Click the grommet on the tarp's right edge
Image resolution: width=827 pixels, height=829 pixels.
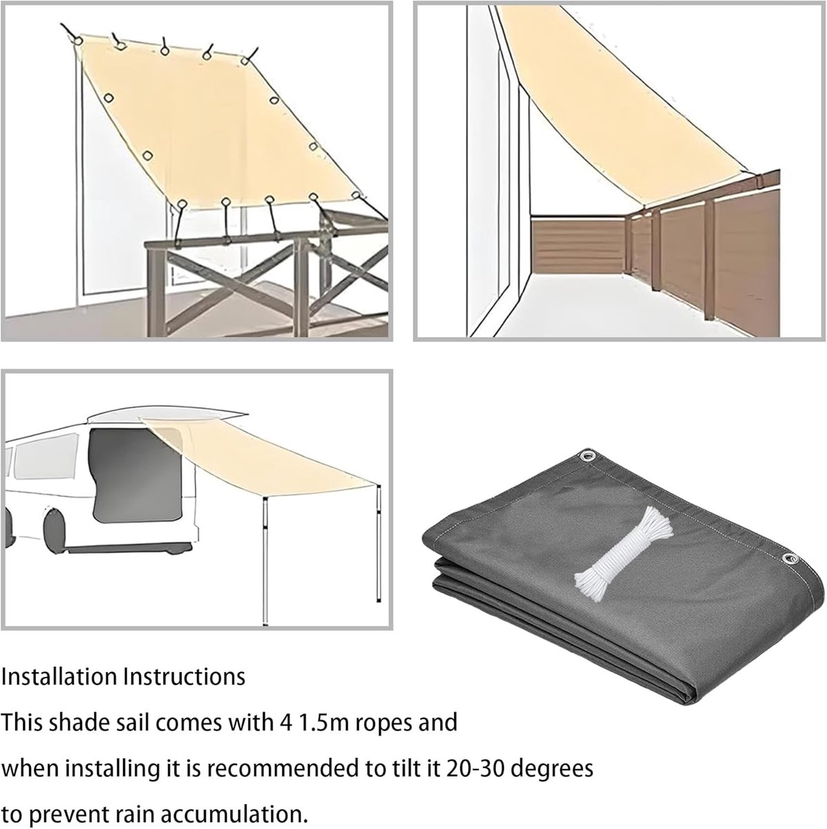(790, 571)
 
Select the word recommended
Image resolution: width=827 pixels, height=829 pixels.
(283, 768)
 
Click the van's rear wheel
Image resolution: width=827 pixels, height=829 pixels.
(55, 529)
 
